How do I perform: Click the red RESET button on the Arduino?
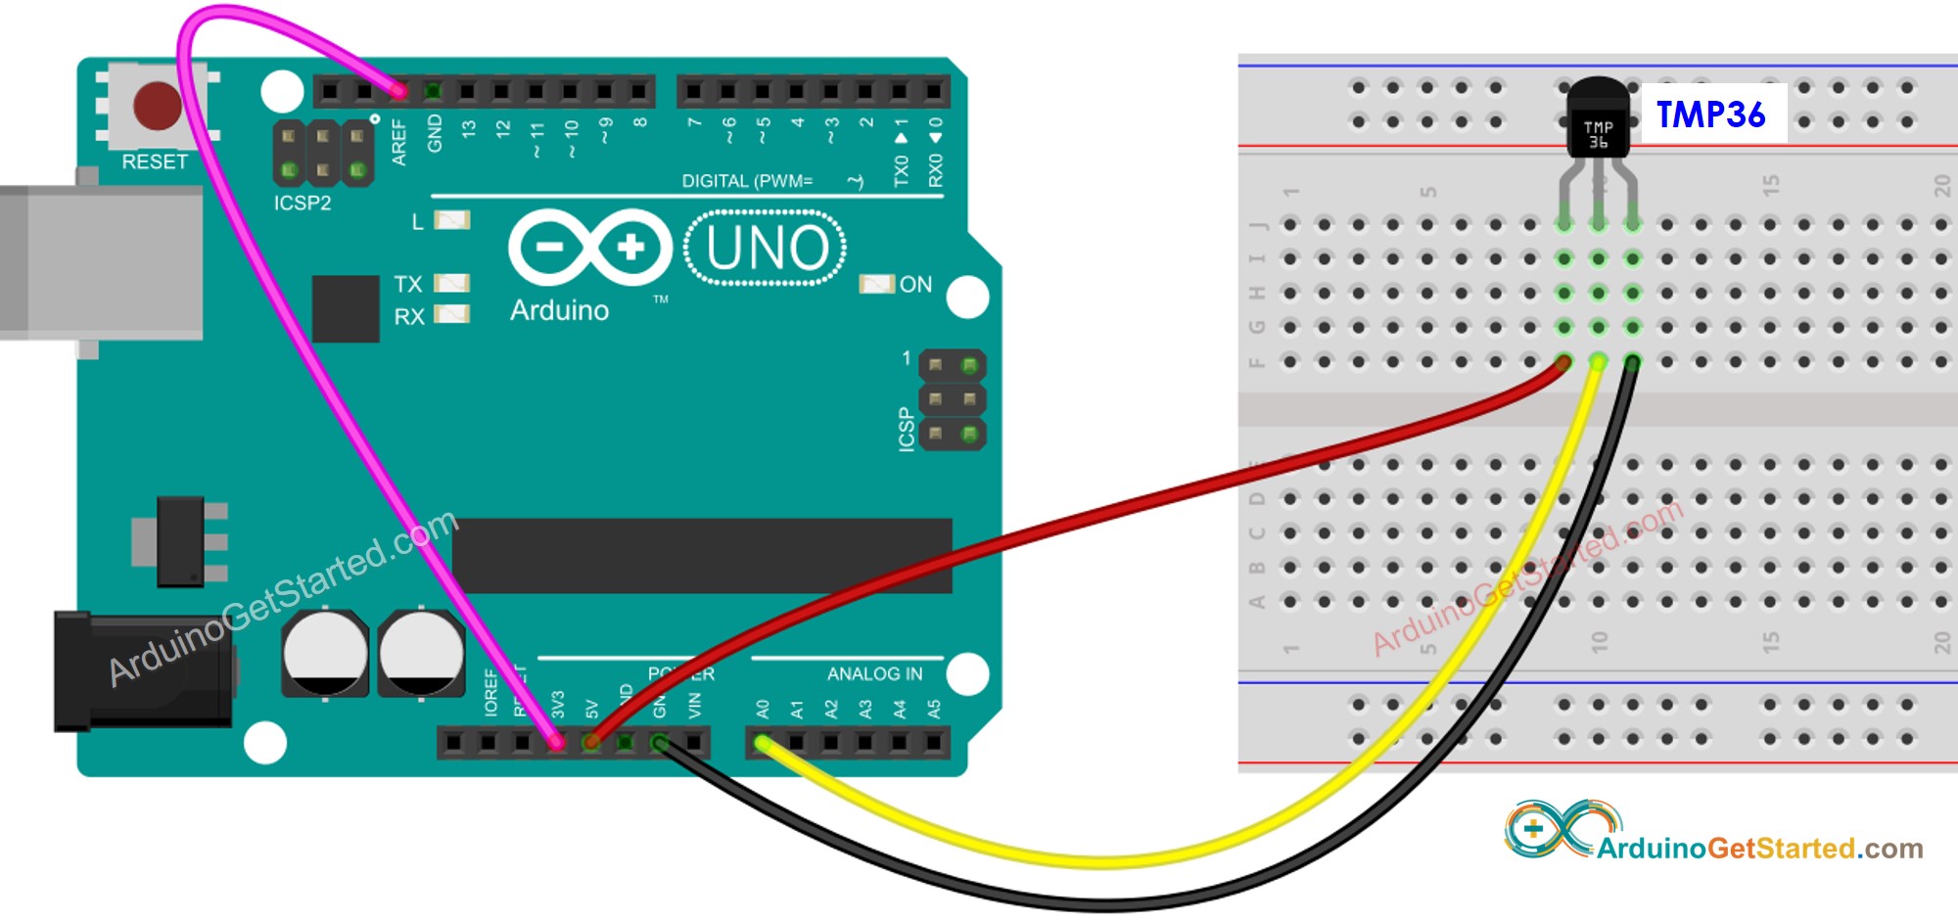click(157, 106)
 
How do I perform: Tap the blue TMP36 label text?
click(1710, 115)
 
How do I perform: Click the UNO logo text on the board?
click(767, 248)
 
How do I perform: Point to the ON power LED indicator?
click(876, 284)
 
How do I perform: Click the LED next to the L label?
click(451, 220)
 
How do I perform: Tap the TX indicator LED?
click(451, 284)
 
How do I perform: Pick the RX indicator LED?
click(451, 315)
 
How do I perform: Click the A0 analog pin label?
click(764, 709)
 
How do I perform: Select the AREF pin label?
click(399, 142)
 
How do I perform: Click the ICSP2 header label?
click(303, 204)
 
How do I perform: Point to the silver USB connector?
click(98, 262)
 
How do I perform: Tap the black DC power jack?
click(142, 671)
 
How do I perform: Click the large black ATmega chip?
click(701, 556)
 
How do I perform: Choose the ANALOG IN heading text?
click(874, 674)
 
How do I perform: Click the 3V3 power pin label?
click(558, 705)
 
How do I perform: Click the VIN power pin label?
click(695, 705)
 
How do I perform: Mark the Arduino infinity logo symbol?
click(589, 248)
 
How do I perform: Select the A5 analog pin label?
click(934, 709)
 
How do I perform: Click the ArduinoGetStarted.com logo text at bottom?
click(1759, 848)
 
